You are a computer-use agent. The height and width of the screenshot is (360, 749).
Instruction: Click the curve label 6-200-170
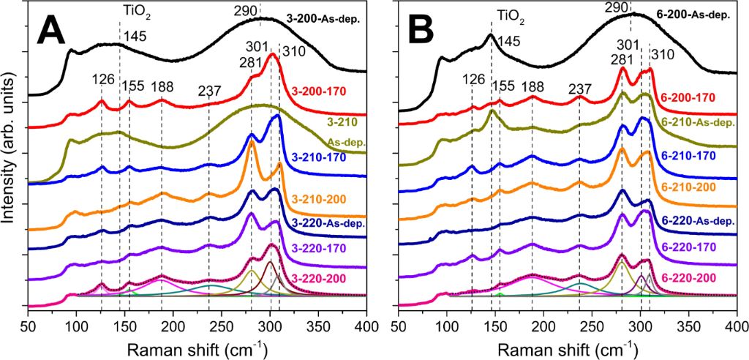[688, 97]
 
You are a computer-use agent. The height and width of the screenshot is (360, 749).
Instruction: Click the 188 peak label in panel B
[532, 88]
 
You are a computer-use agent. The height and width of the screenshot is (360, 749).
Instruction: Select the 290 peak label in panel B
[617, 7]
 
